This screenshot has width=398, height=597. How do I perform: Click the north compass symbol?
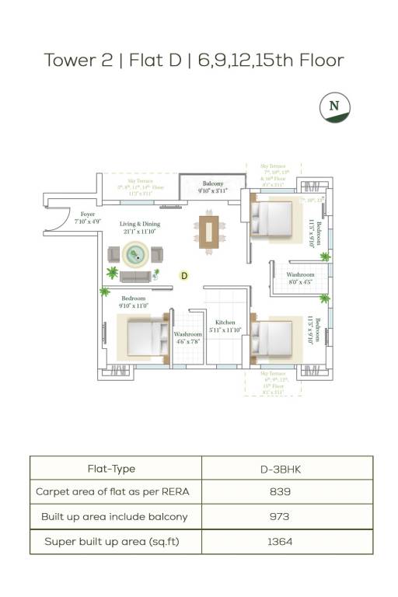click(335, 106)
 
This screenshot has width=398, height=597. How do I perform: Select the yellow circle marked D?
click(184, 275)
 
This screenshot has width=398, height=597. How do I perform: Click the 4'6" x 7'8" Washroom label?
click(187, 338)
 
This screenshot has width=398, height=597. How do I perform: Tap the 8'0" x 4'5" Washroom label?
click(301, 278)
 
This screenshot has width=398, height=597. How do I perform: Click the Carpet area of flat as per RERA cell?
click(113, 492)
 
